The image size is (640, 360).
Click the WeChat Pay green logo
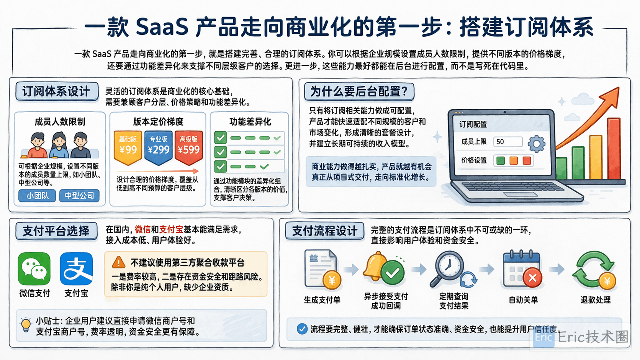pyautogui.click(x=34, y=268)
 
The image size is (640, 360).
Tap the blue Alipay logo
pyautogui.click(x=76, y=268)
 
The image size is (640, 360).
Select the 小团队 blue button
pyautogui.click(x=37, y=196)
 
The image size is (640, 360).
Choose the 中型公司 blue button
pyautogui.click(x=79, y=196)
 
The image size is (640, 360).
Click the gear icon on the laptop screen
pyautogui.click(x=536, y=144)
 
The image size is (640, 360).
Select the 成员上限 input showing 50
pyautogui.click(x=508, y=142)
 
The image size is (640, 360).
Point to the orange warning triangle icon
pyautogui.click(x=119, y=262)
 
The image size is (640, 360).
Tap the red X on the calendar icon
pyautogui.click(x=533, y=277)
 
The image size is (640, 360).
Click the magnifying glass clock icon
pyautogui.click(x=448, y=268)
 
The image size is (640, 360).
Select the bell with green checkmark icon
pyautogui.click(x=384, y=268)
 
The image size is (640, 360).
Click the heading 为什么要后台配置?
pyautogui.click(x=359, y=92)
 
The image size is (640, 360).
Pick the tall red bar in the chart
pyautogui.click(x=614, y=149)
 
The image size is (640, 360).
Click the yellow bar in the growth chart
pyautogui.click(x=596, y=157)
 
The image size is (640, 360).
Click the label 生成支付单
pyautogui.click(x=322, y=300)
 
